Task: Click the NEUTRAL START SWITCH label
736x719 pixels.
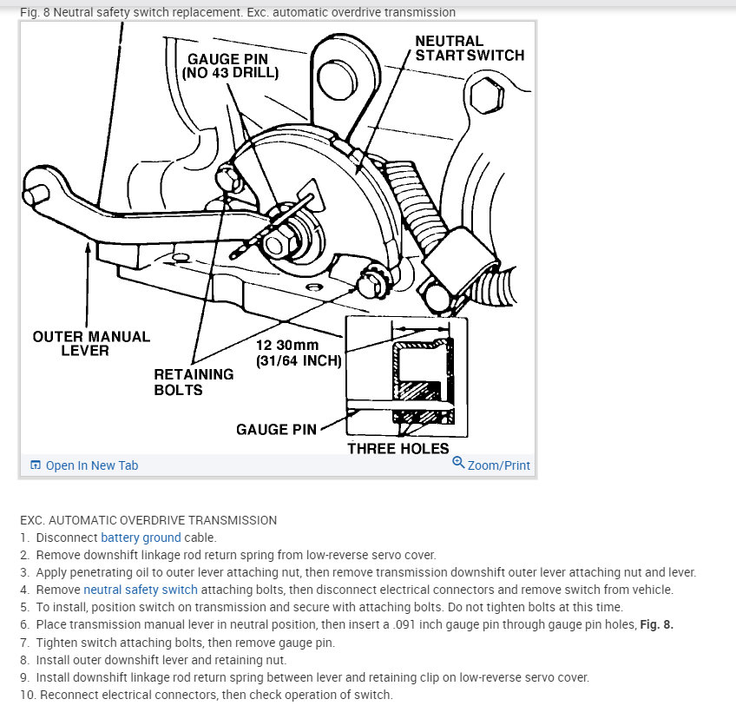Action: [x=469, y=48]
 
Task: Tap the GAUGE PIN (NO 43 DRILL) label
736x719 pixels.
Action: [x=230, y=66]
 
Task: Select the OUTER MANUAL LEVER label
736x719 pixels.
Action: [x=91, y=343]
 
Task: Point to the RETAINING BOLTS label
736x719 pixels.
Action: [x=194, y=382]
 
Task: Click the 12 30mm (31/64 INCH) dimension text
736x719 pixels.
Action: [x=299, y=353]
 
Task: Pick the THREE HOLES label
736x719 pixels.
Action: [x=398, y=448]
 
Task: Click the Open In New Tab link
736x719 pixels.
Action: [x=91, y=465]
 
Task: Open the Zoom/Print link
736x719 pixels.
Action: [x=498, y=465]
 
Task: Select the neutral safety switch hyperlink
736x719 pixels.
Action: [x=141, y=590]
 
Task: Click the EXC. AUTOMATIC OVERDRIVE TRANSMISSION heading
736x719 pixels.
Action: [x=148, y=520]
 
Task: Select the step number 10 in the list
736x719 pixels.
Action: [x=26, y=694]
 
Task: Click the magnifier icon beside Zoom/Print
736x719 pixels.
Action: [x=458, y=463]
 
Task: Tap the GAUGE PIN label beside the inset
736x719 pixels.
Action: [x=275, y=429]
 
